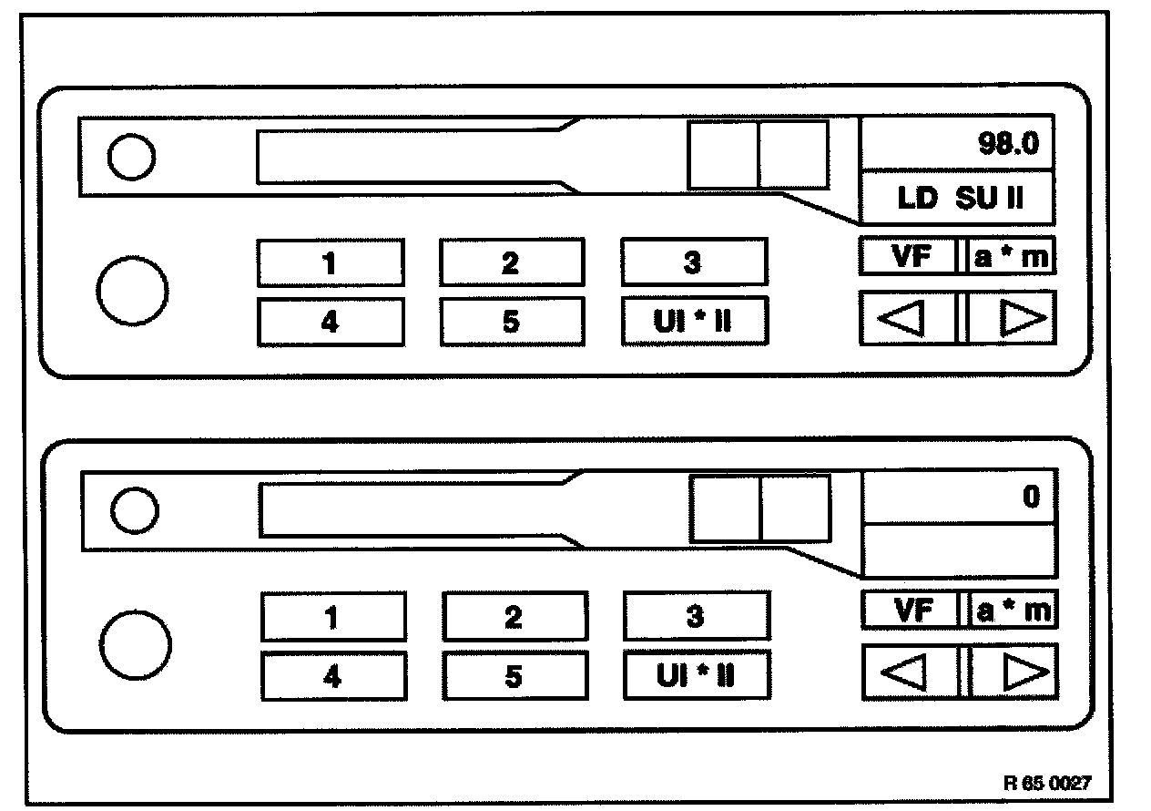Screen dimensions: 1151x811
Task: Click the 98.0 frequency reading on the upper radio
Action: pos(1008,144)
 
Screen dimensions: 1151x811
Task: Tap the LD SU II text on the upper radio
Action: pos(960,200)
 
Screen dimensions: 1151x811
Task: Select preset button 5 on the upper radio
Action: pos(511,322)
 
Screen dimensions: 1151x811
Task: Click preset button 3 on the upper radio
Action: pos(693,262)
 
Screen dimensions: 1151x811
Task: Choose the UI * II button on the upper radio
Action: pos(694,322)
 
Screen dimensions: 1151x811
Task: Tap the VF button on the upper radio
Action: pos(908,257)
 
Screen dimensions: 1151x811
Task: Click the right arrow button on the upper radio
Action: pos(1012,318)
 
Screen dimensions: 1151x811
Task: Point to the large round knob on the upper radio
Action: pos(131,291)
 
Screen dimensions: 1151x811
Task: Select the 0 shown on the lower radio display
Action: pos(1031,498)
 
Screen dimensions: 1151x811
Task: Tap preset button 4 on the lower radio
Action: pos(332,676)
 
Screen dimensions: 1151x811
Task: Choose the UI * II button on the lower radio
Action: pos(697,676)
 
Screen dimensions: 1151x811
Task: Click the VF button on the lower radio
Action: pos(911,611)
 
